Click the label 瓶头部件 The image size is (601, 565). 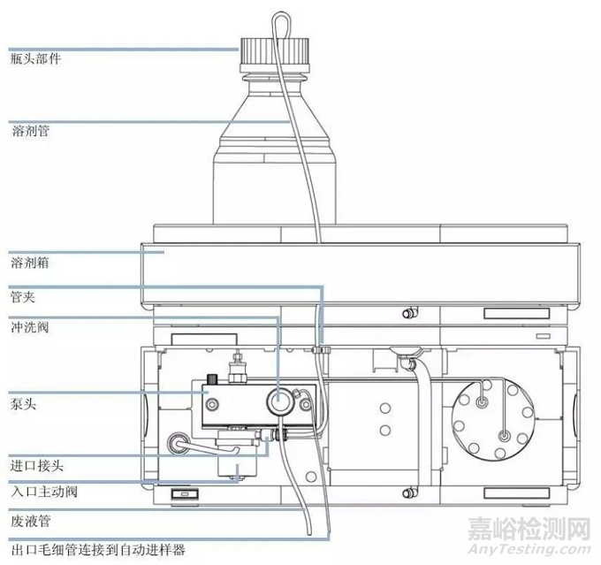coord(36,58)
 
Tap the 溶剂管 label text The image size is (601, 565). coord(30,131)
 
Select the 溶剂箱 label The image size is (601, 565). coord(30,263)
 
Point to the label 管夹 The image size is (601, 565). coord(24,295)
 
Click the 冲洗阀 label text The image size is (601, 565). coord(30,326)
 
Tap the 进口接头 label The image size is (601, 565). coord(36,464)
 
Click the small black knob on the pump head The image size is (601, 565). coord(213,380)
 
